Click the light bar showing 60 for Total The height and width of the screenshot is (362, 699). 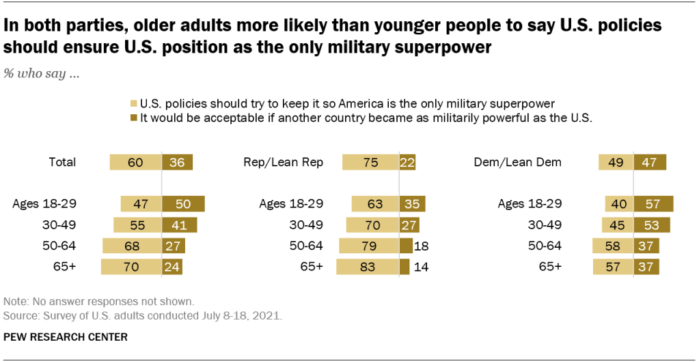pos(135,162)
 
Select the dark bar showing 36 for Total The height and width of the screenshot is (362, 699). pos(178,162)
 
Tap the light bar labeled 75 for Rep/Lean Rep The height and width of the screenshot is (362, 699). pos(370,162)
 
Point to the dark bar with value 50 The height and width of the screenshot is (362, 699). pos(183,204)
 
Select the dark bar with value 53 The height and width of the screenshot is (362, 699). pos(652,225)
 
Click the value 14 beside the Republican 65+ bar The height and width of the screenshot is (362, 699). pos(422,267)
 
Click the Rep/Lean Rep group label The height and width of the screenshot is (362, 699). pos(284,162)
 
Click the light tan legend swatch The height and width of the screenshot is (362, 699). pos(133,104)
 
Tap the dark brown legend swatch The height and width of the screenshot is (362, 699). pos(133,117)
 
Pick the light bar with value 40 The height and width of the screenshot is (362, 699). pos(619,204)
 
